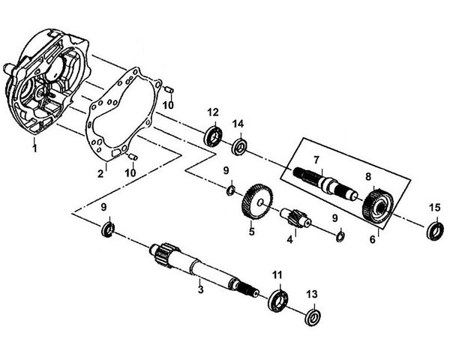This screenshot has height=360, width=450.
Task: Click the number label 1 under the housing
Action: [x=33, y=148]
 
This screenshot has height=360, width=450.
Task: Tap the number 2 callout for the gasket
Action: [x=100, y=174]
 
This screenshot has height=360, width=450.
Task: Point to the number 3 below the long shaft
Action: [x=200, y=288]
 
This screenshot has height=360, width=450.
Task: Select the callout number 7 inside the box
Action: [x=316, y=160]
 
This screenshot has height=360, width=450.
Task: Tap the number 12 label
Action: [x=213, y=112]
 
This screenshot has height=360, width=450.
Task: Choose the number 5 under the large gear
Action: [x=252, y=232]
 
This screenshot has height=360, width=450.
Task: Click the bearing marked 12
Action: [x=214, y=136]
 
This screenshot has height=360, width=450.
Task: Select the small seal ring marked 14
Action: [x=240, y=145]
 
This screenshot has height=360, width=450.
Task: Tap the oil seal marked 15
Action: [x=434, y=231]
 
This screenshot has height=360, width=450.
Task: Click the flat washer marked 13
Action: [x=313, y=316]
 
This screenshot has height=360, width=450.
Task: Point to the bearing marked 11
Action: [x=277, y=300]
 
